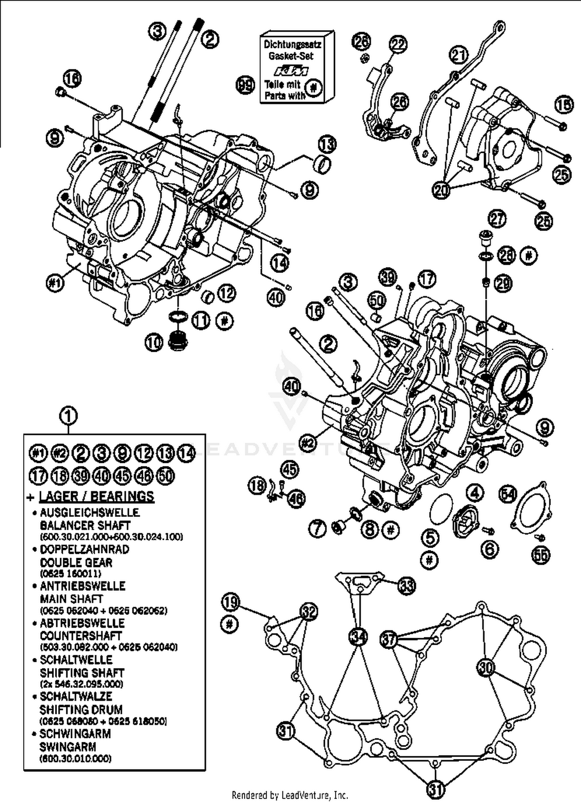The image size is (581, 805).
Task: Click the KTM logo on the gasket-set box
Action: tap(291, 71)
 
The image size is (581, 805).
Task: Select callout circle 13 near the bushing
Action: tap(327, 144)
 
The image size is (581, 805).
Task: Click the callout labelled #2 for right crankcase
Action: tap(308, 443)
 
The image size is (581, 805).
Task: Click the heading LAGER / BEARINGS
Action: tap(97, 497)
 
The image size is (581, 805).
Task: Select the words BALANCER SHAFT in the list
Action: tap(85, 525)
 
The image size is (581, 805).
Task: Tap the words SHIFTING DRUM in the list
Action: tap(81, 709)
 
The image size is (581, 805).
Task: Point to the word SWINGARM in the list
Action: tap(68, 746)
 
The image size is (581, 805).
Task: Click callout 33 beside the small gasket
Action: tap(407, 586)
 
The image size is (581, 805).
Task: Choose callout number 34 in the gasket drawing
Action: tap(358, 637)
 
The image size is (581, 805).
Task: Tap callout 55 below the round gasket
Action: tap(541, 555)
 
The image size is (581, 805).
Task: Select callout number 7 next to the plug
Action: tap(317, 529)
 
